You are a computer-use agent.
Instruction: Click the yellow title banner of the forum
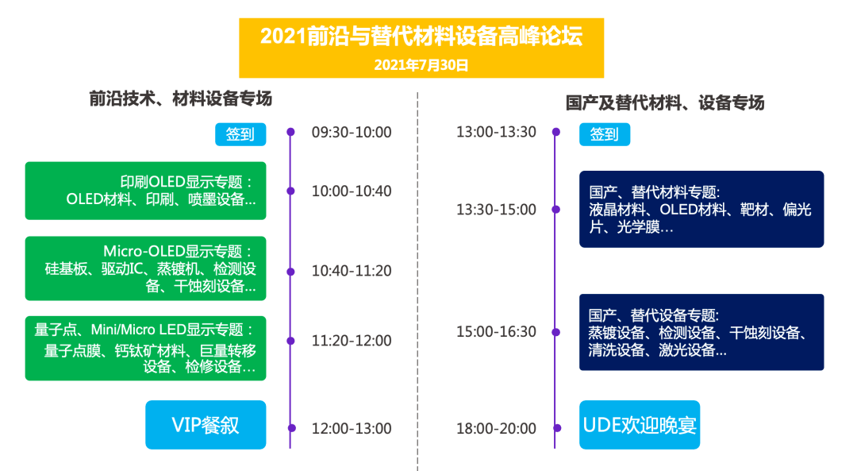421,48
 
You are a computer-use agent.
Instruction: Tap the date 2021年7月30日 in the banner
421,65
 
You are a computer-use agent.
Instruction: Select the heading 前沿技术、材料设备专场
180,99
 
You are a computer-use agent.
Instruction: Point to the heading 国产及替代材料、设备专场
665,102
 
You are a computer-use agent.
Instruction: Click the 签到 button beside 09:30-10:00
240,134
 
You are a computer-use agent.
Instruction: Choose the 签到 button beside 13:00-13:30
605,134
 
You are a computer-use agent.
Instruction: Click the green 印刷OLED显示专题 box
145,191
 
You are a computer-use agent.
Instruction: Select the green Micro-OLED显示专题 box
145,268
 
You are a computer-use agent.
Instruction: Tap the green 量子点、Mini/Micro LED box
145,349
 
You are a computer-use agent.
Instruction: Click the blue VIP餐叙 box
206,425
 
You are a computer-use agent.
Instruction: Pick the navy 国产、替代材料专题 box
701,210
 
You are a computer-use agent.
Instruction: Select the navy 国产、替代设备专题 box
701,333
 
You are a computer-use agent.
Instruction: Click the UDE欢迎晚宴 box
640,425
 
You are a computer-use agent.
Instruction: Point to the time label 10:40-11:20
352,271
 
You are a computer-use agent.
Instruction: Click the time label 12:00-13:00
352,428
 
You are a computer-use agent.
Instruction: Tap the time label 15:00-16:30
496,332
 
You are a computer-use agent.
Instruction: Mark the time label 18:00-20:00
496,428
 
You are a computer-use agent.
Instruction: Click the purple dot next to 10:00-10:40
290,191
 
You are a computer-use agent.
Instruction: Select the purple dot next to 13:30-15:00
555,210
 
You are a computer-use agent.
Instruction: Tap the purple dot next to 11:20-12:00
290,341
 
